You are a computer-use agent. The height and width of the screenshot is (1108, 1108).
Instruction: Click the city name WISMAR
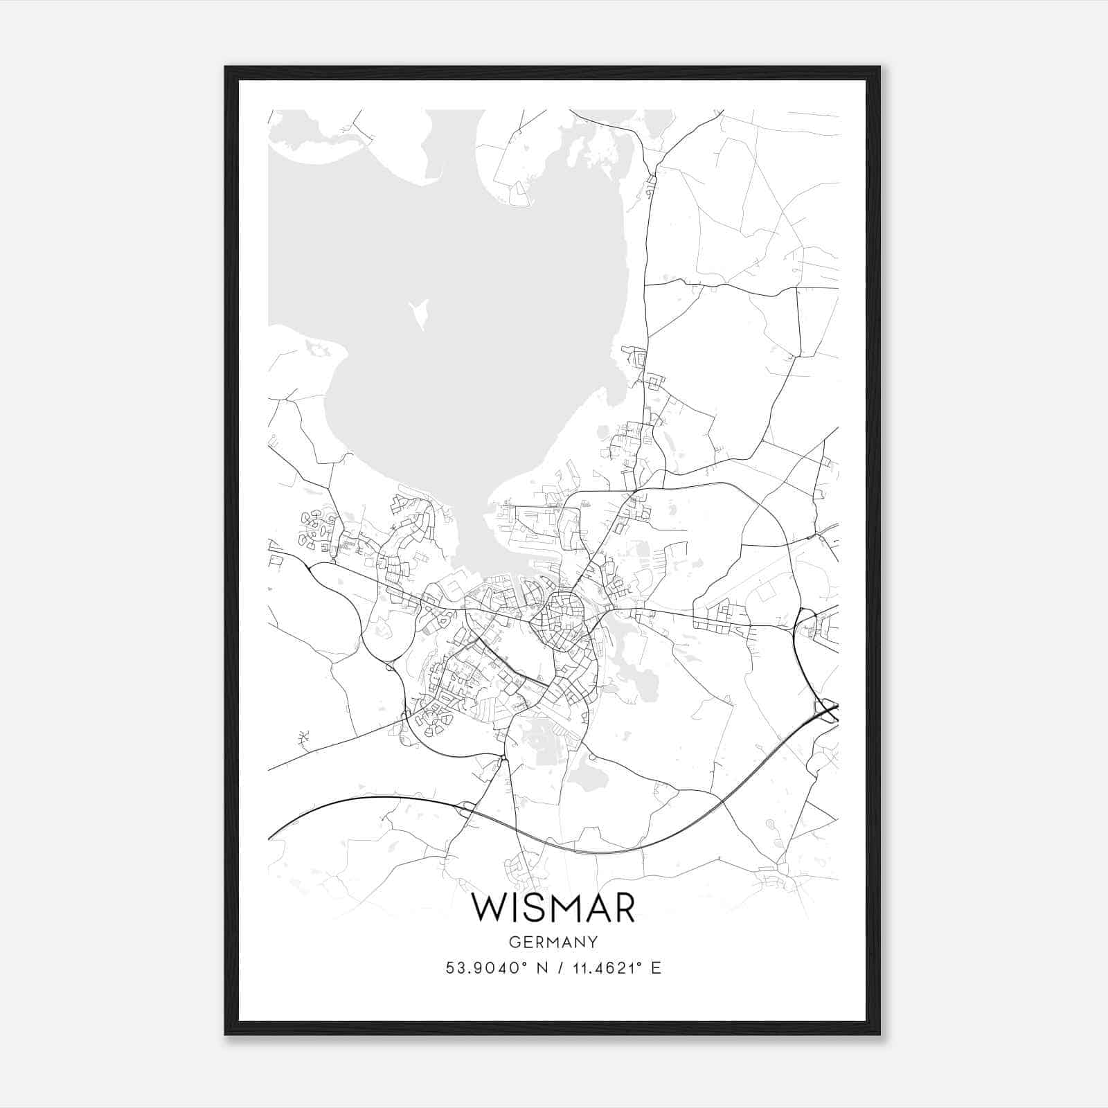pyautogui.click(x=553, y=908)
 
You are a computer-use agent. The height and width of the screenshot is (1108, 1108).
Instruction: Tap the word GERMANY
pyautogui.click(x=553, y=942)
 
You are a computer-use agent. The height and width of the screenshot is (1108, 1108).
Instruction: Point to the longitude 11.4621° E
pyautogui.click(x=616, y=967)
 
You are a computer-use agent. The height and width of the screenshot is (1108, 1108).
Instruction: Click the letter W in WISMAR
pyautogui.click(x=487, y=908)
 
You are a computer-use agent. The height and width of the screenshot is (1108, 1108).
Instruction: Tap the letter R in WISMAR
pyautogui.click(x=623, y=908)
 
